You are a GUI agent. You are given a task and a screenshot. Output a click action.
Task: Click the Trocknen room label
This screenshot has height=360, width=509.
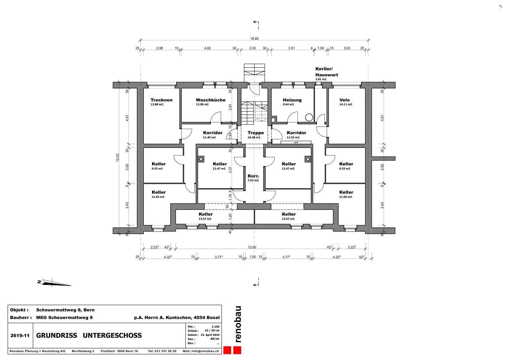click(162, 100)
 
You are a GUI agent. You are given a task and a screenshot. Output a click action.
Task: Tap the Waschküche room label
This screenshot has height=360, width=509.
click(211, 100)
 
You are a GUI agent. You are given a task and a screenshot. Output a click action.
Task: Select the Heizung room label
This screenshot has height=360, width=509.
click(292, 100)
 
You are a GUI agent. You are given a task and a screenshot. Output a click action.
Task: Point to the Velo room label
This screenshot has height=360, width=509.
click(345, 100)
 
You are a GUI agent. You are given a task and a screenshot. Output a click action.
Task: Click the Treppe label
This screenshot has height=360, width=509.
click(256, 133)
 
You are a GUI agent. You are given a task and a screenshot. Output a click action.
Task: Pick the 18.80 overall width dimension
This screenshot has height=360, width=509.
click(254, 38)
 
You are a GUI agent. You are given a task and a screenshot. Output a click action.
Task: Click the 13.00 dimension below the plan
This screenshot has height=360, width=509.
click(252, 247)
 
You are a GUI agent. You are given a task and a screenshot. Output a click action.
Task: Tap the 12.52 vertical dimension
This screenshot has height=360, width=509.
click(117, 158)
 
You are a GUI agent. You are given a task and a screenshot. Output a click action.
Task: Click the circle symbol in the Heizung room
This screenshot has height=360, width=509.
click(309, 117)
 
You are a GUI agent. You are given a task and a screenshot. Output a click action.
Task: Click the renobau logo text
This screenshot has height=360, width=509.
click(238, 324)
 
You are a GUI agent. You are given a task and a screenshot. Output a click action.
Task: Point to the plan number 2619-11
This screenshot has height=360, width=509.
click(20, 336)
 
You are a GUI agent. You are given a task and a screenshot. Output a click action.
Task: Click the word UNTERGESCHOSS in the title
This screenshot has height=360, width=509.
click(112, 336)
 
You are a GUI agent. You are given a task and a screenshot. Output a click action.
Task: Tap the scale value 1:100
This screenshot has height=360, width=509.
click(215, 327)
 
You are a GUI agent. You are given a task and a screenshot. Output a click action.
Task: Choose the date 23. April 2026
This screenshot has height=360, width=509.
click(210, 335)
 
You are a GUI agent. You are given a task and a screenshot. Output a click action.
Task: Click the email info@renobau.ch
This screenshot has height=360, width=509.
click(205, 351)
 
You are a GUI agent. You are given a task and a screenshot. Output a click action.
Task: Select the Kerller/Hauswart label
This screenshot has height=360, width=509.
click(326, 72)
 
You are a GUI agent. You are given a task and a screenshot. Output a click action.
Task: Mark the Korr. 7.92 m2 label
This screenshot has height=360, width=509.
click(253, 178)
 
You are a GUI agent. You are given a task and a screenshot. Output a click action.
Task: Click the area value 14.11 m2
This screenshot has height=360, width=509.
click(345, 105)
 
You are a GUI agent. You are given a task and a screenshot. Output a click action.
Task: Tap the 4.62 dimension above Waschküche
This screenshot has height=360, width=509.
click(207, 48)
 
